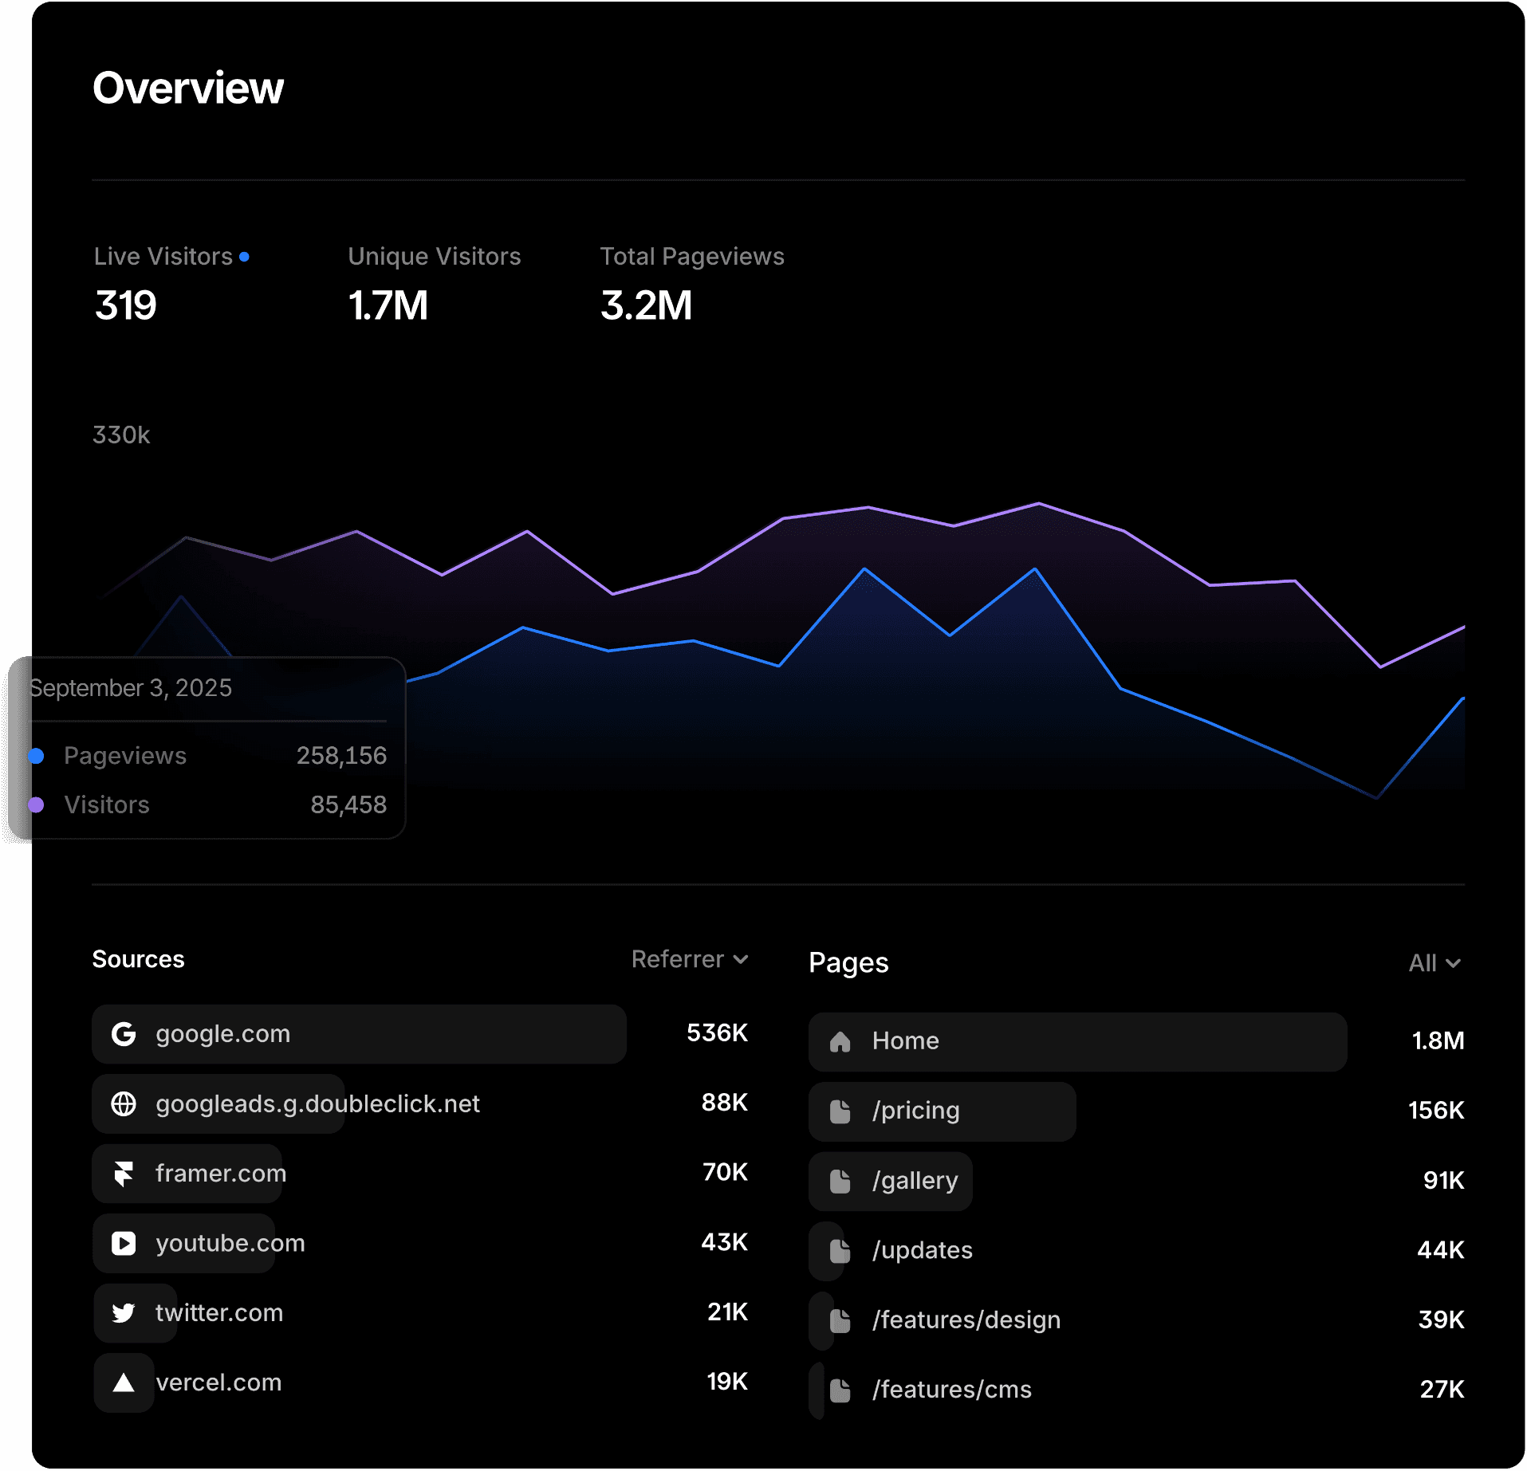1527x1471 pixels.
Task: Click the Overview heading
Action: click(x=188, y=88)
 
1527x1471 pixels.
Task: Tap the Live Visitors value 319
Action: click(x=126, y=305)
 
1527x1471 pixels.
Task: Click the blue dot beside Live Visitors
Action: click(x=244, y=257)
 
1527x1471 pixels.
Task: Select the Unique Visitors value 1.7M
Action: click(x=388, y=305)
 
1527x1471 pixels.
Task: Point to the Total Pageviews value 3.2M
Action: click(x=646, y=305)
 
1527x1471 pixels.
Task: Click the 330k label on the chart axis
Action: click(x=121, y=435)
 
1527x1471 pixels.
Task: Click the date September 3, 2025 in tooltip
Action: click(x=130, y=688)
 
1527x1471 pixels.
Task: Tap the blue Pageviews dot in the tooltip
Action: click(x=36, y=756)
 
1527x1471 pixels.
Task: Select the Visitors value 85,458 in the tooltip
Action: click(x=348, y=805)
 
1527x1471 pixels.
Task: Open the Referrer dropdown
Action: click(x=690, y=959)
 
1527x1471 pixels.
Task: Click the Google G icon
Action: click(x=124, y=1034)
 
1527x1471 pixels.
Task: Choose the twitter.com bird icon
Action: click(x=124, y=1313)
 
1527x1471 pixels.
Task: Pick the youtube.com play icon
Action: click(x=124, y=1244)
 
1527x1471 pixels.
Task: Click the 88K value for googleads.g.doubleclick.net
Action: click(x=724, y=1103)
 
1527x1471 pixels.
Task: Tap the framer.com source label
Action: click(x=221, y=1174)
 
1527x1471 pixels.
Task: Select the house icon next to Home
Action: click(x=840, y=1041)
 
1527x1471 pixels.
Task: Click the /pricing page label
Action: click(x=915, y=1111)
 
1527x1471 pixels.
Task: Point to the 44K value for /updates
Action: click(x=1440, y=1250)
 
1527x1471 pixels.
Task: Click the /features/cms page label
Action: click(x=951, y=1390)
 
